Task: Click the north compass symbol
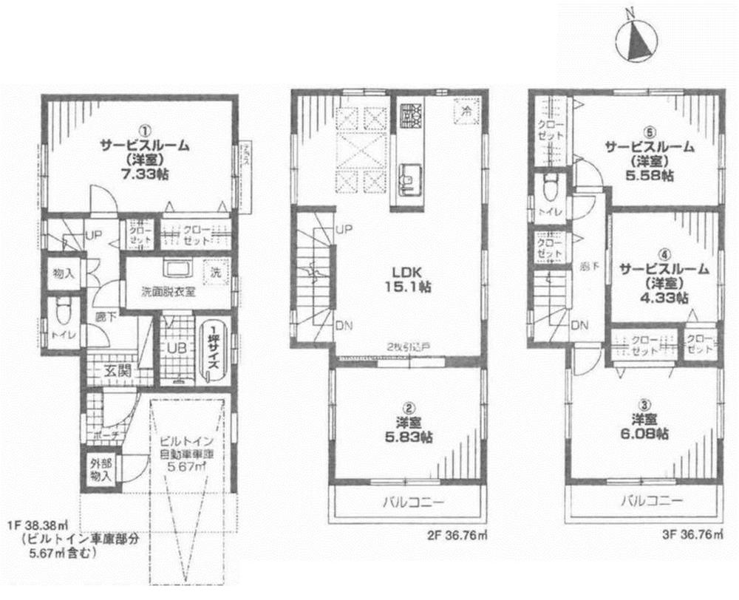click(636, 41)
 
